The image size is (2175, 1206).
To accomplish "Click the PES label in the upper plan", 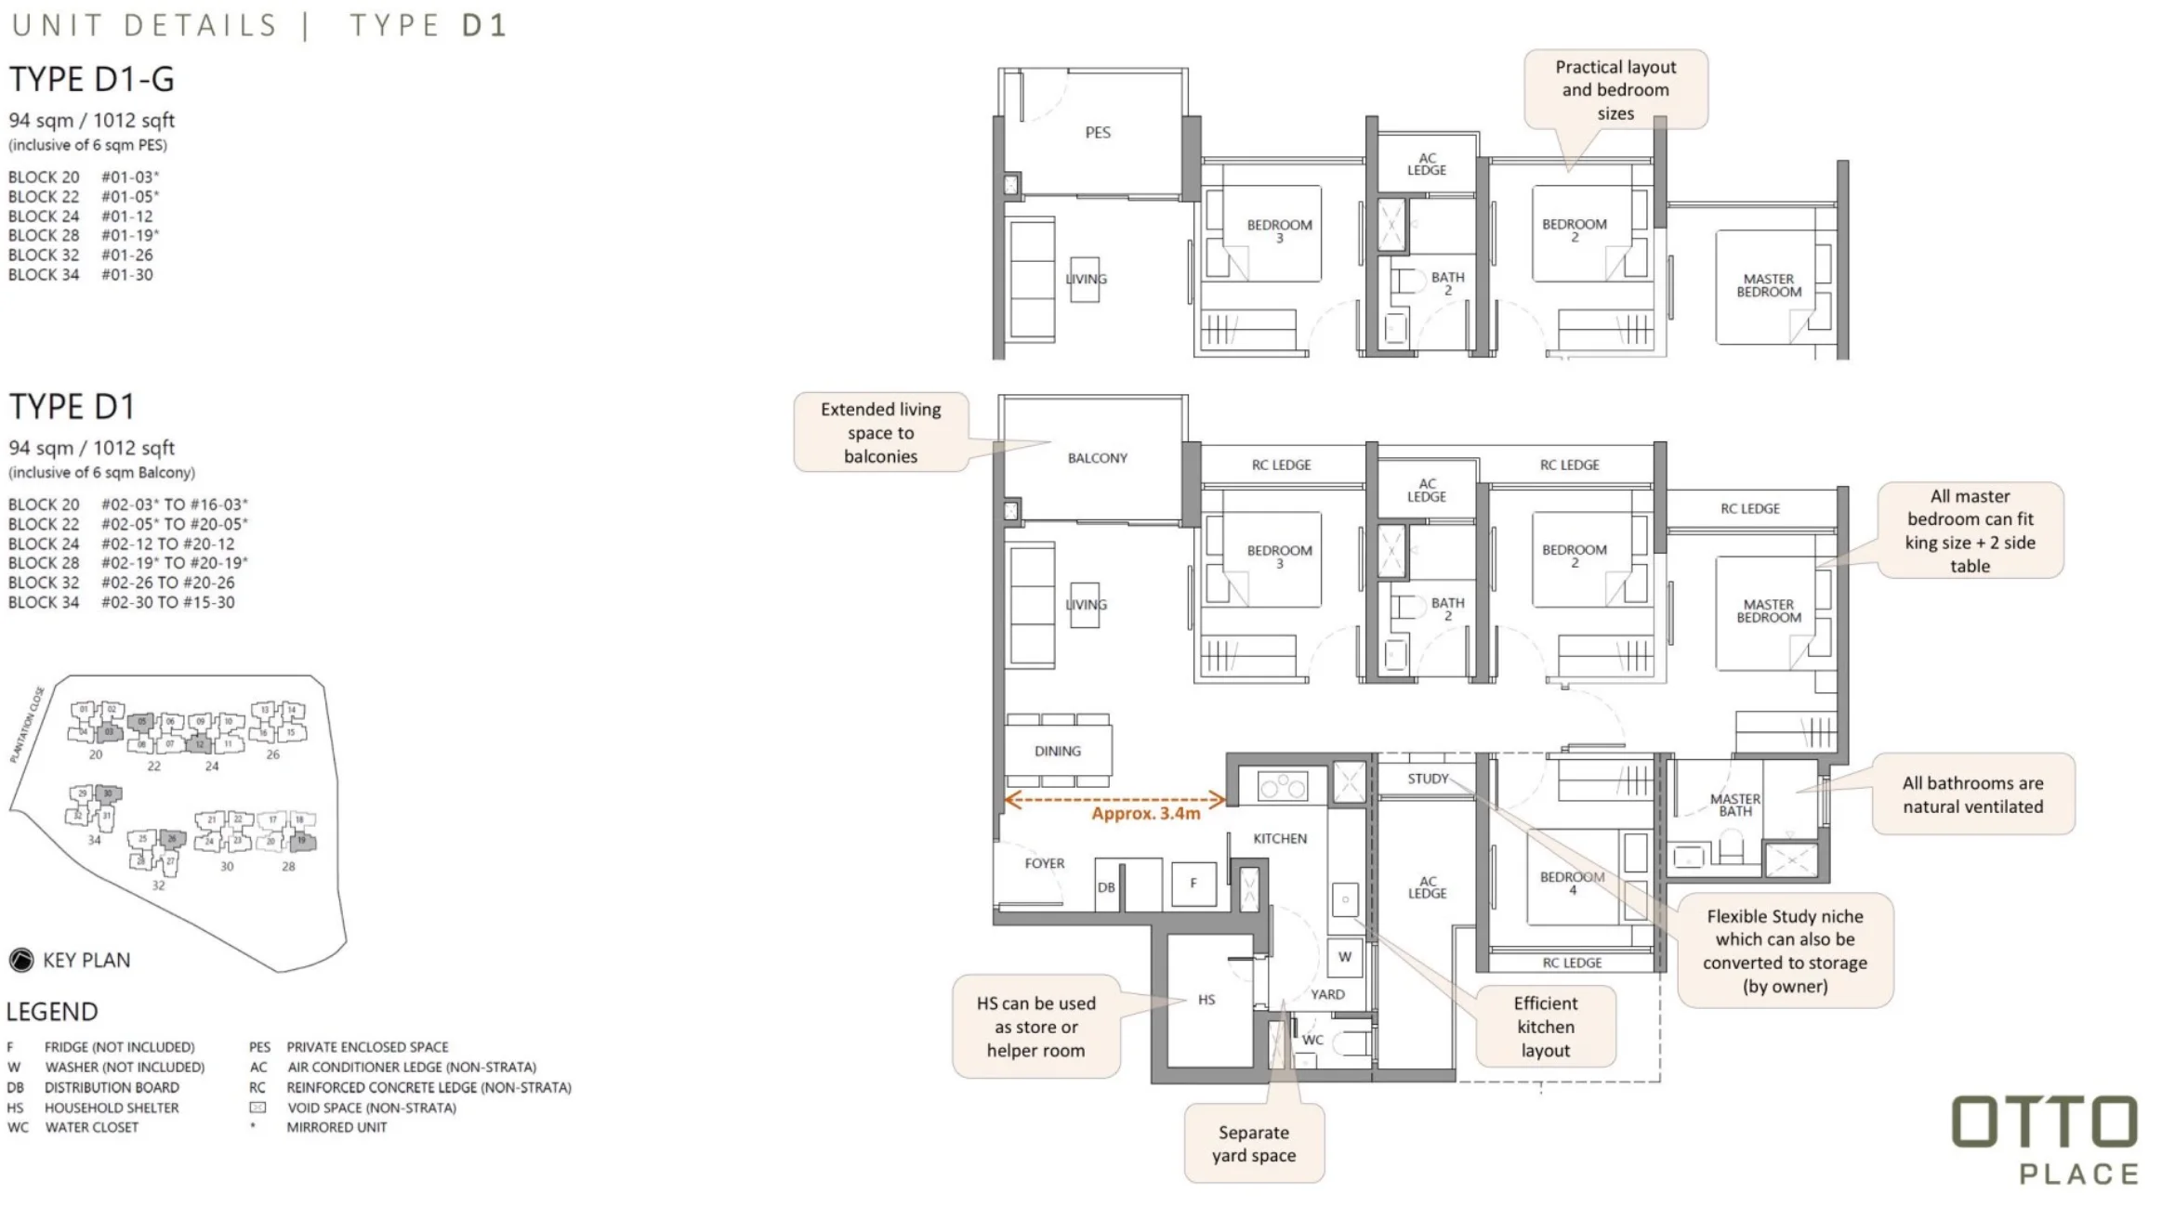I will point(1097,133).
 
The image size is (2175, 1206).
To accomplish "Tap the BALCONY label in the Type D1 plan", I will point(1097,458).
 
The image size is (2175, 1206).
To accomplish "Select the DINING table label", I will point(1058,751).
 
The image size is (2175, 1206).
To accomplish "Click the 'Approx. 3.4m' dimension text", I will point(1145,814).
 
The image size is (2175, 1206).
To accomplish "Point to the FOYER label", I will point(1044,863).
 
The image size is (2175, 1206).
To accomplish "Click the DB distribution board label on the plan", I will point(1105,887).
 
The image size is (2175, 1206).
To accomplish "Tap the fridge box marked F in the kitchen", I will point(1193,884).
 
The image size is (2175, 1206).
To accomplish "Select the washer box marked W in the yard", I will point(1344,957).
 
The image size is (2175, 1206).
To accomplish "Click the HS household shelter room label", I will point(1206,1000).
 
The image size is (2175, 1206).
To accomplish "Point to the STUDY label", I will point(1427,779).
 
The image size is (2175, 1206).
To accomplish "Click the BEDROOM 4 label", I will point(1572,883).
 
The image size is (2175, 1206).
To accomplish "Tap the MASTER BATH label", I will point(1734,805).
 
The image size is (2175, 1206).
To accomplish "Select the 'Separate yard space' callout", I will point(1253,1144).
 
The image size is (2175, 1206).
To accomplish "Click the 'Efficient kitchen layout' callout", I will point(1545,1027).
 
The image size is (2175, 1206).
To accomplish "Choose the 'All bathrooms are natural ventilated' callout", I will point(1972,794).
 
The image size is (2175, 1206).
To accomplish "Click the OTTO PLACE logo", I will point(2044,1139).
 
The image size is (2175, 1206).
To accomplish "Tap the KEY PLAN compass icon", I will point(21,960).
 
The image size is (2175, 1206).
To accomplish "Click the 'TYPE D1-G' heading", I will point(91,80).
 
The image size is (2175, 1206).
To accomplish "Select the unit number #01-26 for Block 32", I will point(126,255).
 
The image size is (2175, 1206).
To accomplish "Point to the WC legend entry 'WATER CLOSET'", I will point(91,1127).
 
